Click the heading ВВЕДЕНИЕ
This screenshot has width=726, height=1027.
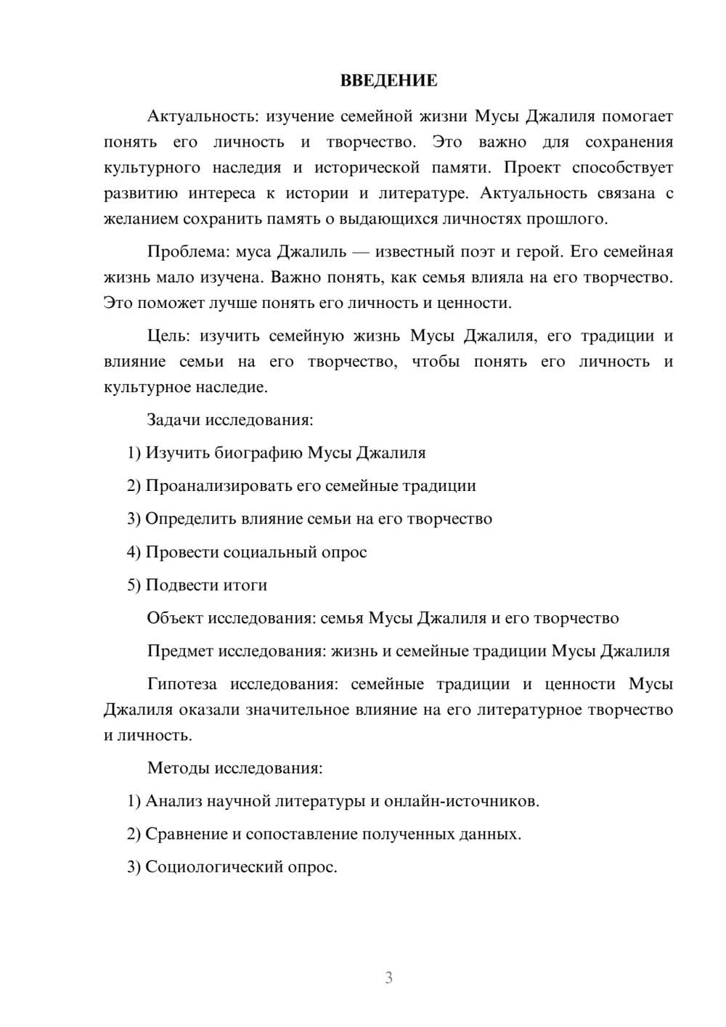pos(388,81)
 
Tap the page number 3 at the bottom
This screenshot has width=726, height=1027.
pos(388,978)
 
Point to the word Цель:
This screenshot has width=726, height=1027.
pos(168,336)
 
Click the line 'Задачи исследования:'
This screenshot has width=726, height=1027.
pos(229,420)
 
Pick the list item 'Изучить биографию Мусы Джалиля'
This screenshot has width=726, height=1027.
pos(285,452)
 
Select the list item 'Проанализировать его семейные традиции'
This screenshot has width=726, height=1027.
pos(311,486)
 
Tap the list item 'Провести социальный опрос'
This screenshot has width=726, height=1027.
pos(256,552)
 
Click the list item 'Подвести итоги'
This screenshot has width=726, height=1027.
pos(206,585)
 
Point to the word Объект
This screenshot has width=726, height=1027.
pos(175,618)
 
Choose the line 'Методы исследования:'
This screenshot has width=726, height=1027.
pos(234,768)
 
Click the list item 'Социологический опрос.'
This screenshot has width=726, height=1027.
pos(241,867)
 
